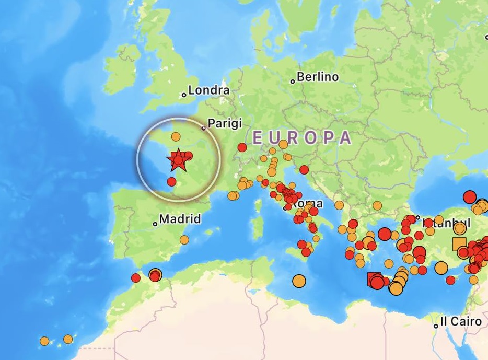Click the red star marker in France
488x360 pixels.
point(178,159)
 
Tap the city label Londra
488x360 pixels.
point(208,90)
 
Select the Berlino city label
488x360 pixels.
point(318,77)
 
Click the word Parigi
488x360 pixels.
point(225,123)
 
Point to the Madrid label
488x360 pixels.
point(180,219)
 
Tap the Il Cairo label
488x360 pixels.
point(460,321)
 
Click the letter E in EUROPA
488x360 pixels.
point(257,137)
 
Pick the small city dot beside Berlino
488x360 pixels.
point(293,81)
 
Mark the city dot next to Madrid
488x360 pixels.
point(155,224)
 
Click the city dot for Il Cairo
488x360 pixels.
point(436,326)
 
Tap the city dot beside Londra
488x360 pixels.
point(184,95)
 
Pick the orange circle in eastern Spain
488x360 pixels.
point(184,240)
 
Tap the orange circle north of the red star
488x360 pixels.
point(176,137)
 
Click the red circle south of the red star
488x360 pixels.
point(171,181)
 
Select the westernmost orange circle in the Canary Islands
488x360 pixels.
point(44,341)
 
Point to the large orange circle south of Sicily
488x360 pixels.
point(299,281)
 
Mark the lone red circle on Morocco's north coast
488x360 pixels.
point(136,277)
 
